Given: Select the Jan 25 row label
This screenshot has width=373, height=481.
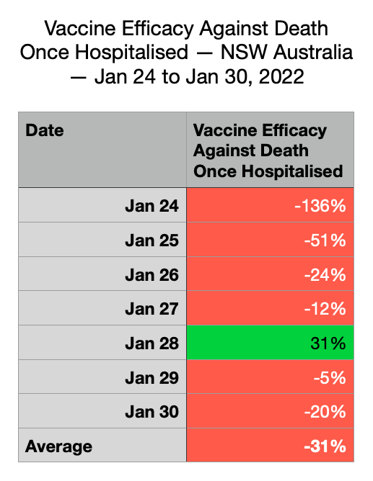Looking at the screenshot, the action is click(152, 240).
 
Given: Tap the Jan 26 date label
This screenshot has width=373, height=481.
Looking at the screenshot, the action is click(152, 274).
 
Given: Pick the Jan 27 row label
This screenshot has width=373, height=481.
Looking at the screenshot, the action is click(152, 309).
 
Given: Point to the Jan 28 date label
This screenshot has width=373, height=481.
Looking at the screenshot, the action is click(152, 343).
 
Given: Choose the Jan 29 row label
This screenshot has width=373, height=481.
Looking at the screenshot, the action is click(152, 377).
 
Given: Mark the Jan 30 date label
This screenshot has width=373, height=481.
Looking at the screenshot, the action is click(152, 412).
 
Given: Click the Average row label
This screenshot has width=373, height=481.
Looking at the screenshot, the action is click(58, 446).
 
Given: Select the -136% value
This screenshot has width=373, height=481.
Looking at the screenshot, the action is click(320, 206).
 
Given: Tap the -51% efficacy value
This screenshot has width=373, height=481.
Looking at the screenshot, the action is click(325, 240).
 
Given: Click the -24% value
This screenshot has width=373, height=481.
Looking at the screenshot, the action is click(325, 274).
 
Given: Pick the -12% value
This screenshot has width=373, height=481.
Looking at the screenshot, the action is click(325, 309).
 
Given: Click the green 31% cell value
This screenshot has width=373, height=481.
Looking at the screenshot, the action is click(328, 343).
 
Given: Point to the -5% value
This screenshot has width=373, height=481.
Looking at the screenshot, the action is click(330, 377).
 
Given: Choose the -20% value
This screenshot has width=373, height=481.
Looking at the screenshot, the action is click(325, 412).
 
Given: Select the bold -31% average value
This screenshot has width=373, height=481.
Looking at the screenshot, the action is click(325, 446).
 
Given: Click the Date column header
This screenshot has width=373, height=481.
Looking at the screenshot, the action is click(45, 130).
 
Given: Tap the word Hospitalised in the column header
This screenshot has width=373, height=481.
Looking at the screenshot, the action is click(292, 171).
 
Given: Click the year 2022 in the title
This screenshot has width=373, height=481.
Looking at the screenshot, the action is click(281, 76).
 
